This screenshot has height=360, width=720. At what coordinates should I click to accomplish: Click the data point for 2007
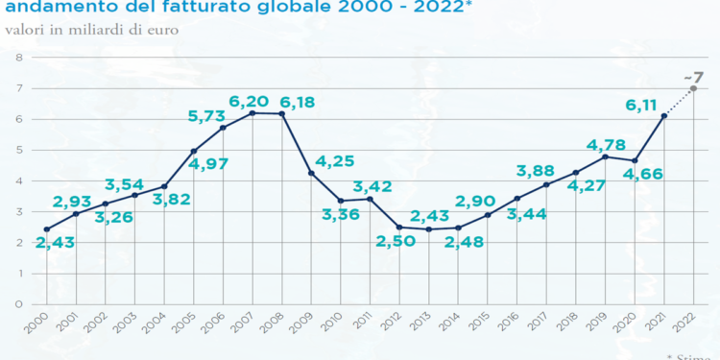tap(252, 113)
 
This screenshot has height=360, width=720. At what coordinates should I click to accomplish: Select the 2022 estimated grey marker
tap(693, 88)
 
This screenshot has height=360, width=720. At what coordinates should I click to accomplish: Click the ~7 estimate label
tap(694, 77)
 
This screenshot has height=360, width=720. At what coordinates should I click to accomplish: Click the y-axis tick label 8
tap(18, 58)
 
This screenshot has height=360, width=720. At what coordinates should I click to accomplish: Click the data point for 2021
tap(663, 116)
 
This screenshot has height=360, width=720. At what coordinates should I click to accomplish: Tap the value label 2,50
tap(396, 240)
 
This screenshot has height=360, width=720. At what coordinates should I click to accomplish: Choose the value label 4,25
tap(334, 161)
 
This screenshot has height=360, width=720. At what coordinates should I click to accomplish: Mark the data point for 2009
tap(311, 173)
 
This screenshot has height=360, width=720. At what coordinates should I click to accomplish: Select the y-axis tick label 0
tap(18, 304)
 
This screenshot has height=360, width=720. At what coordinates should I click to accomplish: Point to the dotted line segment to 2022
tap(679, 102)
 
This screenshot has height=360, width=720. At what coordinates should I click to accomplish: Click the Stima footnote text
tap(696, 356)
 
